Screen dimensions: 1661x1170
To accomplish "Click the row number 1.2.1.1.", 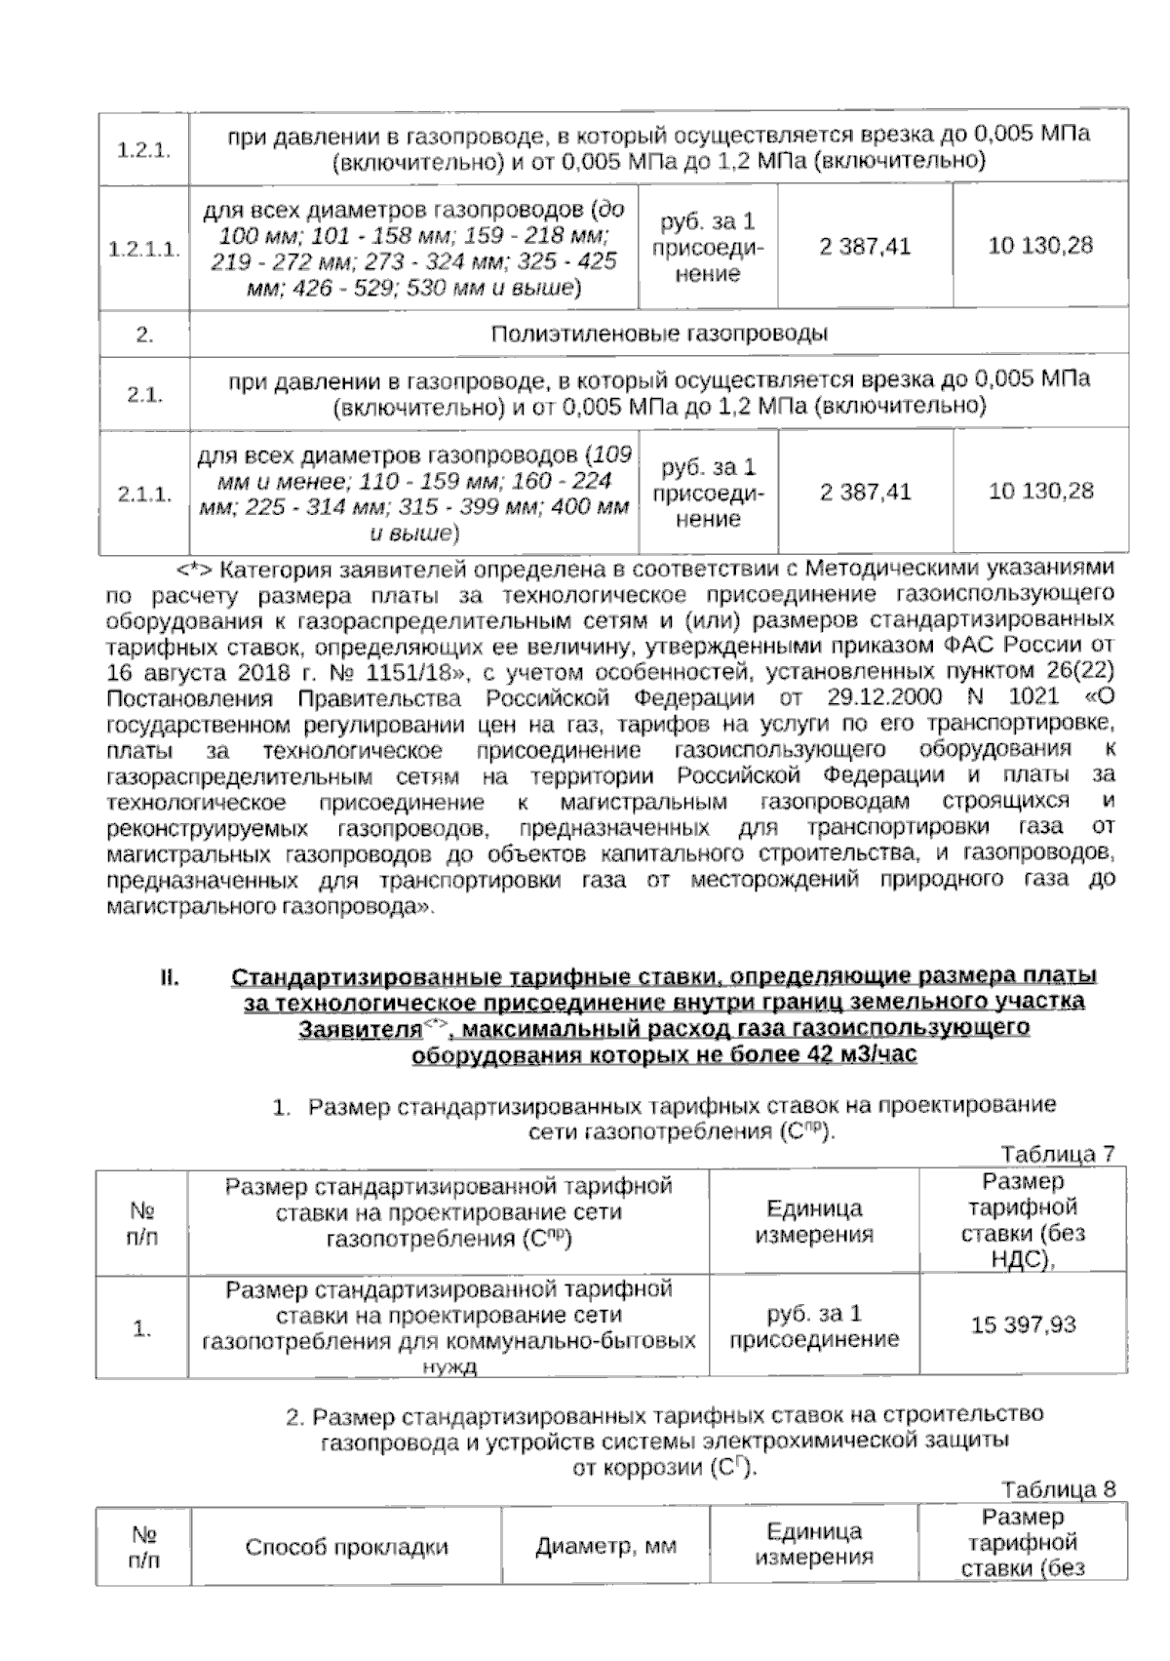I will (144, 249).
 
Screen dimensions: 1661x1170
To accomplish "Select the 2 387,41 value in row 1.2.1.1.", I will (865, 247).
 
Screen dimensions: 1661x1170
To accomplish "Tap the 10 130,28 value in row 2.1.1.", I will (1040, 492).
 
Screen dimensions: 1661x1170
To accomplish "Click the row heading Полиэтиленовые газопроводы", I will (659, 335).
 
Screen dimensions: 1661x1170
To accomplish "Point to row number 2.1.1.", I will (144, 494).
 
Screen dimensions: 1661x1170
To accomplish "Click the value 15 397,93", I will (1023, 1325).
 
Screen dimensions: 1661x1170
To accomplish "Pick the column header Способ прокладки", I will (346, 1547).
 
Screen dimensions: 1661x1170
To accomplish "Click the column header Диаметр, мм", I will (605, 1547).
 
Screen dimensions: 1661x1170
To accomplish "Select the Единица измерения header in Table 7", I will (814, 1221).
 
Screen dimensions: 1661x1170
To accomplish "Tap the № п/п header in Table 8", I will (143, 1547).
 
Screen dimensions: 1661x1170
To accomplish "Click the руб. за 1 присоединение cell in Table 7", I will (814, 1325).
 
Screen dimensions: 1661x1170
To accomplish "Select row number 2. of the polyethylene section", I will (144, 335).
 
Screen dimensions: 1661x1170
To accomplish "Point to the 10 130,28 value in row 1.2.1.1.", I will (1040, 246).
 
